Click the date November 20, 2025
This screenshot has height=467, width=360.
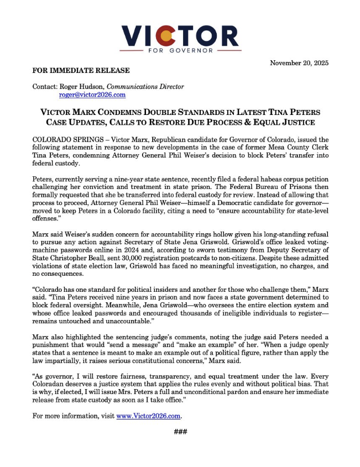point(299,63)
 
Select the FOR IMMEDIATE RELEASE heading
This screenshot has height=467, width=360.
point(81,70)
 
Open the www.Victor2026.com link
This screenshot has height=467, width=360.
point(149,415)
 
